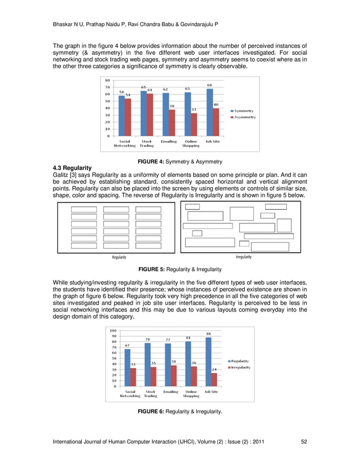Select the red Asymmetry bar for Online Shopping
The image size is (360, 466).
(x=194, y=124)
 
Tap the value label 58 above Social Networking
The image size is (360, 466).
(x=122, y=91)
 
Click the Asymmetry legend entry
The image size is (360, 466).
(x=244, y=117)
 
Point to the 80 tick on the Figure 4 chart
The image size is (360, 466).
(x=107, y=80)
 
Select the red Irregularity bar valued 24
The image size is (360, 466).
(x=214, y=379)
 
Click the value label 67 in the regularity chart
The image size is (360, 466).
(x=128, y=345)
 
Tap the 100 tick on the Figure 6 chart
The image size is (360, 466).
(x=113, y=331)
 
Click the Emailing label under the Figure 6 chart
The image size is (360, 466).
(x=170, y=392)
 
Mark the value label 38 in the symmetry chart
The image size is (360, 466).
(x=172, y=105)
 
